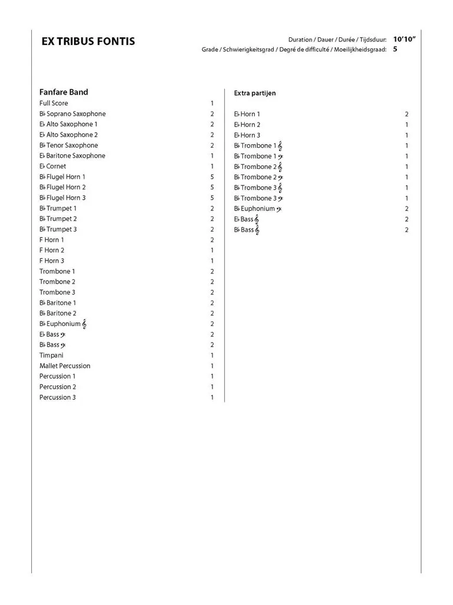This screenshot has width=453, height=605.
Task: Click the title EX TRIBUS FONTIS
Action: pos(88,41)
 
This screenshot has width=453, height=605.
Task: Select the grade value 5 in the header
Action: pos(395,50)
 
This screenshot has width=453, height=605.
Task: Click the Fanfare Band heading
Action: pos(64,92)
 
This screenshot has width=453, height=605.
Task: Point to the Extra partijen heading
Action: pos(255,93)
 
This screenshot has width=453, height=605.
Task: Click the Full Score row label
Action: pos(54,103)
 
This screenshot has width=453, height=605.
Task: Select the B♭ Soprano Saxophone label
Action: pos(73,114)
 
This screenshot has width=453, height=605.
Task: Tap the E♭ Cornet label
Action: pos(52,167)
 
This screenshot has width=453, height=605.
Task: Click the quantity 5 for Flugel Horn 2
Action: pos(212,187)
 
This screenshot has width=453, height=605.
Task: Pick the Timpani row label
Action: pos(51,356)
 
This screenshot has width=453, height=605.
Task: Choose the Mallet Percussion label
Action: pos(65,366)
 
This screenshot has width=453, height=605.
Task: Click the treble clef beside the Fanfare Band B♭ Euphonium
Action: pos(85,324)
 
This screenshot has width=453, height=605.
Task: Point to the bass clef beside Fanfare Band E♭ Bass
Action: pos(63,335)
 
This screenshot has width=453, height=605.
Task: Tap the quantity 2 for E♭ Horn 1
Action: pos(407,114)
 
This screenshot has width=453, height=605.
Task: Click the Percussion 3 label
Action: pos(58,398)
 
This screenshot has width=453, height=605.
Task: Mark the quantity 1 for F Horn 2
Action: pos(212,251)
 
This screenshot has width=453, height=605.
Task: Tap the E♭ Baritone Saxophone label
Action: pos(73,156)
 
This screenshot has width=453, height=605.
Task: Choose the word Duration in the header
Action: pos(300,40)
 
